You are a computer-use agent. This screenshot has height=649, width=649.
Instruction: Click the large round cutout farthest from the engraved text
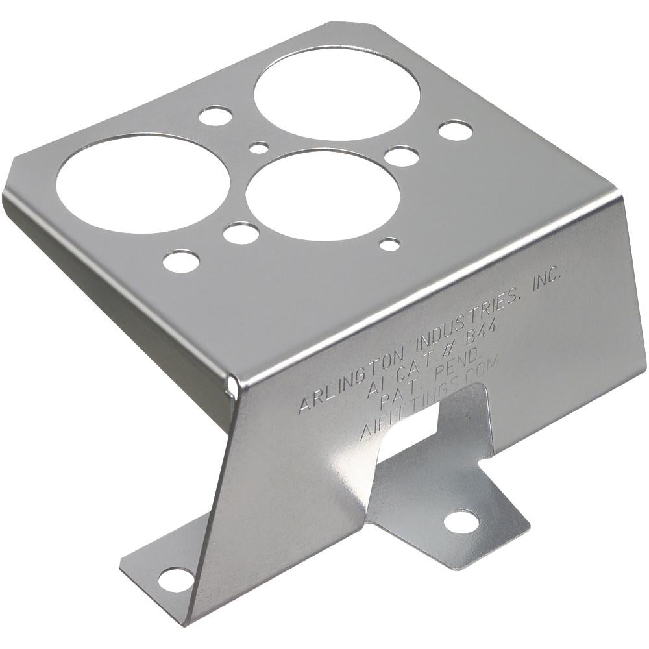click(336, 92)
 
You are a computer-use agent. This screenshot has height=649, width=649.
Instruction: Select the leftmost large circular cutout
click(143, 183)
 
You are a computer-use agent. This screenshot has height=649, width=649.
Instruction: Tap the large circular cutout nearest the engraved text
click(323, 195)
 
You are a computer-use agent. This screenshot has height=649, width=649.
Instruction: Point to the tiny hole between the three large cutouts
click(259, 148)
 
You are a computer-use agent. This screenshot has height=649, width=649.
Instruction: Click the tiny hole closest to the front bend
click(389, 244)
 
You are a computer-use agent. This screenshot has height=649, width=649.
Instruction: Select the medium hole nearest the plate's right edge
click(455, 130)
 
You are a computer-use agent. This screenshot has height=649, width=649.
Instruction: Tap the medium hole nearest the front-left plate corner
click(181, 261)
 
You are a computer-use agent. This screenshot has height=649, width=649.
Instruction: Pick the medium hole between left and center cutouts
click(241, 232)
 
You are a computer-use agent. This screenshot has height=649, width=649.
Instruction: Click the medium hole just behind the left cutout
click(215, 116)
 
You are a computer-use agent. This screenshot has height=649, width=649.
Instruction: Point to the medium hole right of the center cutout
click(401, 156)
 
